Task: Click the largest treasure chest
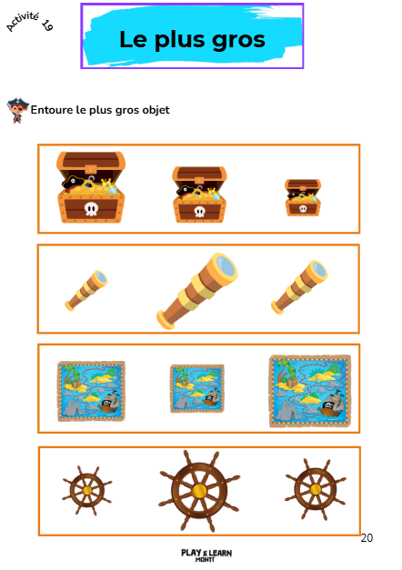tap(91, 187)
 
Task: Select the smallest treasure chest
tap(303, 197)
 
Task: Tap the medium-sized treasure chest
tap(199, 195)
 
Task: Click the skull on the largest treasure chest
tap(91, 209)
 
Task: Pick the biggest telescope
tap(196, 291)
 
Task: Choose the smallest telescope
tap(86, 290)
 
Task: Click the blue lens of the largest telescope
tap(225, 265)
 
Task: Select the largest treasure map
tap(310, 391)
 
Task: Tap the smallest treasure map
tap(196, 388)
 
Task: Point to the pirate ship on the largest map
tap(330, 405)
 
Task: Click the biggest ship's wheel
tap(199, 491)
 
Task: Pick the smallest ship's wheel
tap(87, 490)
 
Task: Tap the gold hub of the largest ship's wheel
tap(199, 491)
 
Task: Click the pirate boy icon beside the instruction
tap(17, 110)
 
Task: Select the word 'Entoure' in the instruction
tap(52, 109)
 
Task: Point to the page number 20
tap(367, 537)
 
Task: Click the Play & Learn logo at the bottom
tap(206, 555)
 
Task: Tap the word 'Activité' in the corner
tap(23, 21)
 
